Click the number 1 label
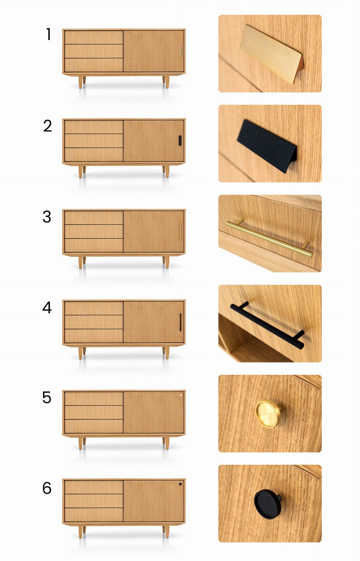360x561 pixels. click(49, 34)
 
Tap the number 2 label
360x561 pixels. click(47, 126)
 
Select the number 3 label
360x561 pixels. click(47, 217)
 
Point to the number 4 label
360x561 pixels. click(47, 307)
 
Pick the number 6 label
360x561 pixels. click(47, 488)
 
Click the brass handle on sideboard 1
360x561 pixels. click(180, 51)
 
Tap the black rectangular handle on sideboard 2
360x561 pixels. click(180, 140)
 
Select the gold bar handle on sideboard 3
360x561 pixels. click(180, 232)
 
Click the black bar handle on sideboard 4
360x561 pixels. click(180, 322)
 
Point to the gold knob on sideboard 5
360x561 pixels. click(180, 395)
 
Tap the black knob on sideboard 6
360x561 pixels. click(180, 484)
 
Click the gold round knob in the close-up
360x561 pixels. click(268, 414)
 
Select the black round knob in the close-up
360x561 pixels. click(267, 504)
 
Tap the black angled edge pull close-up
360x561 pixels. click(267, 146)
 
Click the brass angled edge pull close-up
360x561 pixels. click(272, 54)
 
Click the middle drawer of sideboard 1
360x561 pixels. click(94, 51)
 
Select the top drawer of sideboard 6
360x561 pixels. click(94, 487)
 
